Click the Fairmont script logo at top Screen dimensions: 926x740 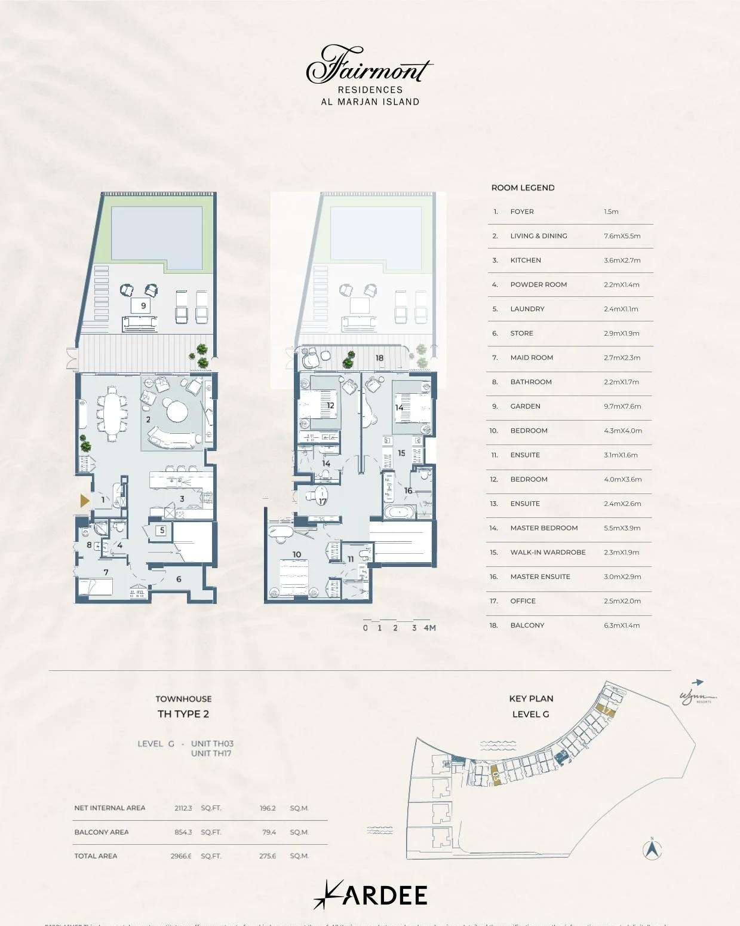369,65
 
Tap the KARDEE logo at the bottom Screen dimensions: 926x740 370,894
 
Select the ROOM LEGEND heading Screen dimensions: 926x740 523,188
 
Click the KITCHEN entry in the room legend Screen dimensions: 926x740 526,260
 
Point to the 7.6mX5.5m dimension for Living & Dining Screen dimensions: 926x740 622,236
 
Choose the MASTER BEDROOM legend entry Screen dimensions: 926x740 544,528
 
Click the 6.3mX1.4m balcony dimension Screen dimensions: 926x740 621,625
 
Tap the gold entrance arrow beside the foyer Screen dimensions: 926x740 85,501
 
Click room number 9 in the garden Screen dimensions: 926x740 143,306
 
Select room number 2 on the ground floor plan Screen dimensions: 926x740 148,419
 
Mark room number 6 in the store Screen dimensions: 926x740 179,579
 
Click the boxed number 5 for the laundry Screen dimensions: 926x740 161,530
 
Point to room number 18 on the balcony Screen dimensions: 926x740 379,358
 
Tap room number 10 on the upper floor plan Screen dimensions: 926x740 297,554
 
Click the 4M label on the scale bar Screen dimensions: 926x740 429,628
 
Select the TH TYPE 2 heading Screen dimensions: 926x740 183,714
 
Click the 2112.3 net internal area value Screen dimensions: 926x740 183,808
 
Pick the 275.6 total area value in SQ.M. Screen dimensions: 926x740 268,856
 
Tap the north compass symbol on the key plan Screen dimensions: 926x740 652,849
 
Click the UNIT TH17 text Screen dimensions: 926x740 211,753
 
